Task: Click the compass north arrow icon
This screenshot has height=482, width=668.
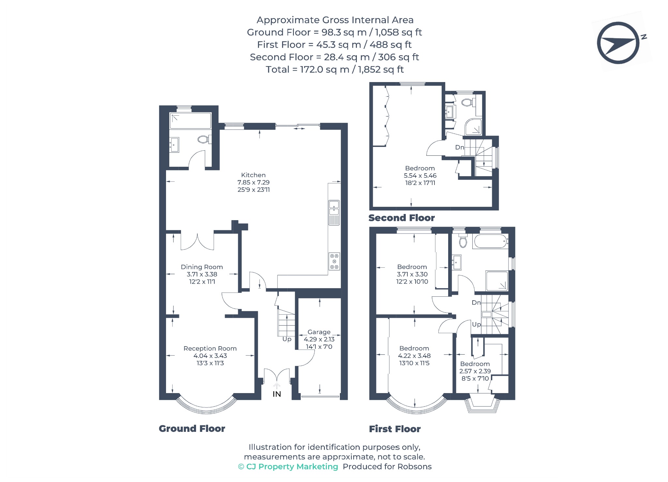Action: pyautogui.click(x=618, y=43)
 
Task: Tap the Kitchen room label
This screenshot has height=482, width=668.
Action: pyautogui.click(x=253, y=175)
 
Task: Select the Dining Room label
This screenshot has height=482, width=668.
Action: pyautogui.click(x=202, y=267)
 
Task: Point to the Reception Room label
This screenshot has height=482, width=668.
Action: pyautogui.click(x=210, y=348)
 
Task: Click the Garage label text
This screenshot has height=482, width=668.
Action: pyautogui.click(x=319, y=332)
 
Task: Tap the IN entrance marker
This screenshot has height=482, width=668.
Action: pyautogui.click(x=277, y=394)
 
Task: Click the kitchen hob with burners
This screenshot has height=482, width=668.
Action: pyautogui.click(x=334, y=262)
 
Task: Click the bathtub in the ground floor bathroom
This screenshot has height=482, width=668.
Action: pyautogui.click(x=190, y=121)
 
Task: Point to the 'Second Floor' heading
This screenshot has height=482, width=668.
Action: pyautogui.click(x=402, y=218)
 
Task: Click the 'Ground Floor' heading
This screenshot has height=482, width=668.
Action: pyautogui.click(x=192, y=429)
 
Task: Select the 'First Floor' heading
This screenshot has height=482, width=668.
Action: pyautogui.click(x=395, y=429)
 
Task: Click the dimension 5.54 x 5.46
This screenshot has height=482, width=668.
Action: pyautogui.click(x=420, y=176)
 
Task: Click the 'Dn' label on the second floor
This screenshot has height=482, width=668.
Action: pyautogui.click(x=460, y=147)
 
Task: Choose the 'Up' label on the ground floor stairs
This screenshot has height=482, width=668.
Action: pyautogui.click(x=287, y=339)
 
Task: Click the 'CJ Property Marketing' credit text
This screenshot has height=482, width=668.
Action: pyautogui.click(x=288, y=467)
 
